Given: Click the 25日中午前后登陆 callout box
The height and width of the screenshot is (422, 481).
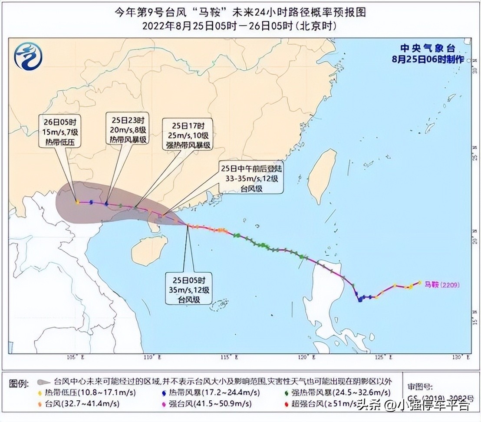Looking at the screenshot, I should [250, 178].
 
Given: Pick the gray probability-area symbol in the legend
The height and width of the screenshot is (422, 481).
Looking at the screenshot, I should [43, 382].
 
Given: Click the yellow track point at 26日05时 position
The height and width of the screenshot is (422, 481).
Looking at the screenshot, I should [77, 202].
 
